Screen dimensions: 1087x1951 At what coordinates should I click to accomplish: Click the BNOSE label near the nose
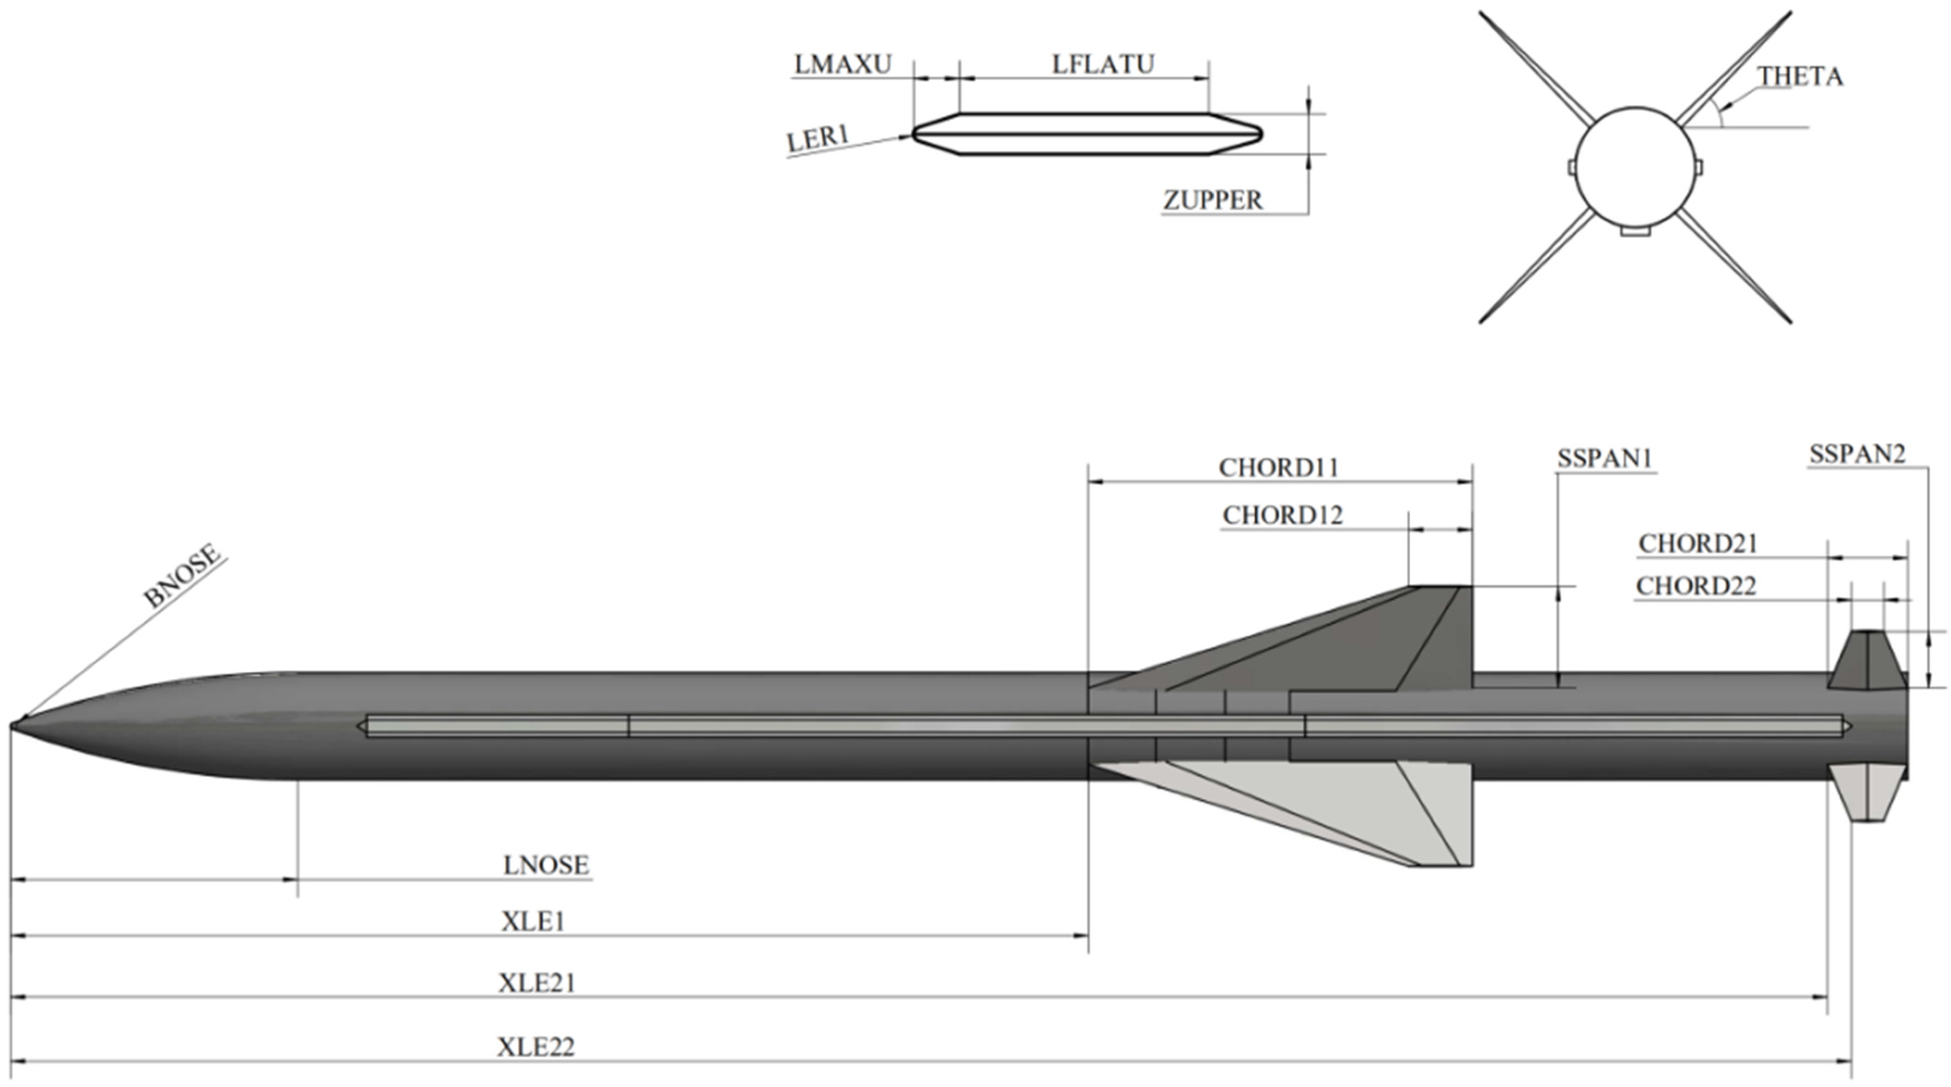[183, 576]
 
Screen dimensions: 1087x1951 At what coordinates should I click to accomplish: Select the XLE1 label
[533, 921]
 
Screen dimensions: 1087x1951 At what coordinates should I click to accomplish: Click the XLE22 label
[536, 1047]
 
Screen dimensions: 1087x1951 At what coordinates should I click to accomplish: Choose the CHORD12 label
[1282, 515]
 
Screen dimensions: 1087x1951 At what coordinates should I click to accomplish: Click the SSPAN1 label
[1604, 459]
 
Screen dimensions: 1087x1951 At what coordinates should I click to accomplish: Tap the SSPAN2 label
[1856, 454]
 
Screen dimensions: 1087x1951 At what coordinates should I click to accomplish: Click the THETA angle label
[1800, 77]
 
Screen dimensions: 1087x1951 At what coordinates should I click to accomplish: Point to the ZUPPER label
[1212, 201]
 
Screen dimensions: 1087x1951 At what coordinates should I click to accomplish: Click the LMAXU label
[842, 65]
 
